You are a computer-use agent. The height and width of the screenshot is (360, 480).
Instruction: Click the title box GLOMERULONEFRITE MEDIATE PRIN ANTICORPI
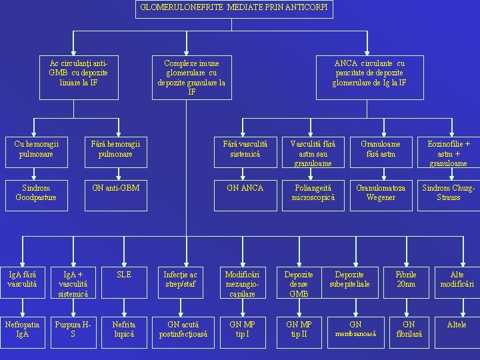(234, 9)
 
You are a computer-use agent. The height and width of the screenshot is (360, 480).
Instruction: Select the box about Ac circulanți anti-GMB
(79, 73)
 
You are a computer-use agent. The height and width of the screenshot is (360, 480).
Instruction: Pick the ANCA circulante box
(369, 73)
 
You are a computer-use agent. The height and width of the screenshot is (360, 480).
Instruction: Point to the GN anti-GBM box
(116, 188)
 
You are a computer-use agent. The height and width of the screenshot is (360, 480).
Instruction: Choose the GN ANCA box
(245, 188)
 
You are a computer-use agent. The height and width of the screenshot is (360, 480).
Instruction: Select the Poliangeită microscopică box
(313, 193)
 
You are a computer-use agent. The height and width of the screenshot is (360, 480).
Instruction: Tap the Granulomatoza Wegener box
(381, 193)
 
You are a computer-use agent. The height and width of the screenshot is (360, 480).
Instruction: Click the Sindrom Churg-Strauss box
(448, 193)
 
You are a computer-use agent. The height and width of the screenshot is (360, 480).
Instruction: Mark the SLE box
(123, 274)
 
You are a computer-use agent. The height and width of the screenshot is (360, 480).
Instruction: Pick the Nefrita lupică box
(123, 329)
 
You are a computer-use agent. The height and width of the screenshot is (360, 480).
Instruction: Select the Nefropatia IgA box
(21, 329)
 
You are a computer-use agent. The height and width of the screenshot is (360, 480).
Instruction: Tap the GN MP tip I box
(242, 329)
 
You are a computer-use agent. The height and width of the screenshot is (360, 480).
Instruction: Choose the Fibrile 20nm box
(405, 279)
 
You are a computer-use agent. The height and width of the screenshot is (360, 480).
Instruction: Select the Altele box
(457, 325)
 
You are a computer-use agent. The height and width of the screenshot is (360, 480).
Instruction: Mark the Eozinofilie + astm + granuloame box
(448, 153)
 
